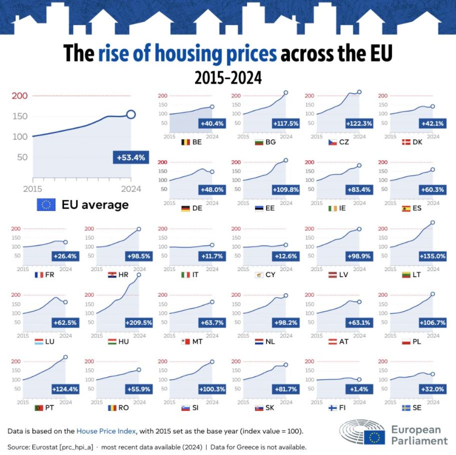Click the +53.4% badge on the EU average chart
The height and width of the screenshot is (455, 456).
[x=131, y=157]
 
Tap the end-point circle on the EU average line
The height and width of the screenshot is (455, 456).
[x=131, y=114]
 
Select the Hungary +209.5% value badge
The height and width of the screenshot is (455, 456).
[x=139, y=322]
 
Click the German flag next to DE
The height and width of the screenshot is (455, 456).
[x=185, y=208]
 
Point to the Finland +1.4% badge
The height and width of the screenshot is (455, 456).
[x=359, y=389]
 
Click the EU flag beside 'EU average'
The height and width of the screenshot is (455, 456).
[x=46, y=205]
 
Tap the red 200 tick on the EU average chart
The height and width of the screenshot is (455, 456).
[x=19, y=96]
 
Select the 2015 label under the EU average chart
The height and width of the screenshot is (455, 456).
[x=33, y=189]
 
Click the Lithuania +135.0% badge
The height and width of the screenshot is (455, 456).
[x=432, y=256]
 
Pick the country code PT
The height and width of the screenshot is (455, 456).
[x=49, y=408]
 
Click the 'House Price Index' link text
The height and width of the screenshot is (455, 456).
[x=106, y=431]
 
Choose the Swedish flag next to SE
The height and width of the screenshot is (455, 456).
[x=406, y=408]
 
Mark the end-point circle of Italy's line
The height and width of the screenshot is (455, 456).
[x=212, y=245]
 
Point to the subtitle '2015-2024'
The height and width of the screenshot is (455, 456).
[x=228, y=78]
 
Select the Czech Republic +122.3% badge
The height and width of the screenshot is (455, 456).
[x=359, y=123]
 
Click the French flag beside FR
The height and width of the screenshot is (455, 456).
[x=39, y=275]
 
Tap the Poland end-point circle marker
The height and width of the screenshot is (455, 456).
[x=432, y=294]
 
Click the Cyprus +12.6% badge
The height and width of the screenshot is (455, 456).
[x=286, y=256]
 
